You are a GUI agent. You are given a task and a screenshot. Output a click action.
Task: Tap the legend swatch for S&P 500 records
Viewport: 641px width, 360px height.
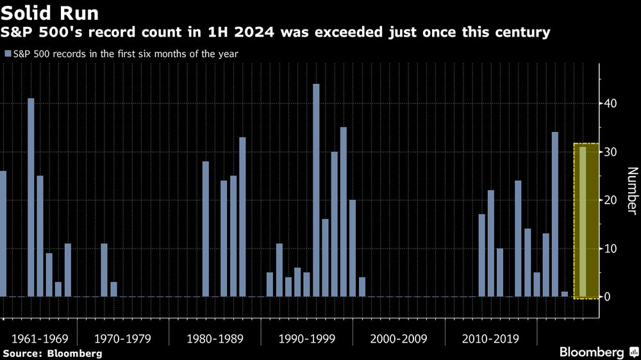7,54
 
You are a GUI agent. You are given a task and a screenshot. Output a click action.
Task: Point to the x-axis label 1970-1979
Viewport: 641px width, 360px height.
123,338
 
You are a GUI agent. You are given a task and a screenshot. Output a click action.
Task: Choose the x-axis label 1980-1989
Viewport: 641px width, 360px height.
215,338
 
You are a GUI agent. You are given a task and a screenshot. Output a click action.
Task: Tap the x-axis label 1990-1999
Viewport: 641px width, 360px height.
306,338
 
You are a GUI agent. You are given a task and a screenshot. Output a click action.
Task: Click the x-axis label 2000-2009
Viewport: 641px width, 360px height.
399,338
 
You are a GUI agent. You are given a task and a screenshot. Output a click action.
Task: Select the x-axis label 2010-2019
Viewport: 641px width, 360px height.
490,338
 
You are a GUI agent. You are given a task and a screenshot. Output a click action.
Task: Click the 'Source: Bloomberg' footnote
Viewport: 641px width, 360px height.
52,353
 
